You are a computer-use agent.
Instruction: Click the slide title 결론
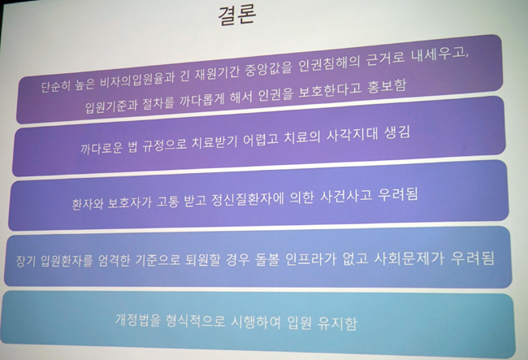pos(237,15)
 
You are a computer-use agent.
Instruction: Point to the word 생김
pos(397,133)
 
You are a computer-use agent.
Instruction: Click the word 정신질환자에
pos(247,199)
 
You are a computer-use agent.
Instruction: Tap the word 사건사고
pos(346,197)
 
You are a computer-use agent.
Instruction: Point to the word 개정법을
pos(138,319)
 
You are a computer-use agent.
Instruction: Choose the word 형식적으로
pos(195,321)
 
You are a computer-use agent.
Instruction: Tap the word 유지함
pos(337,323)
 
